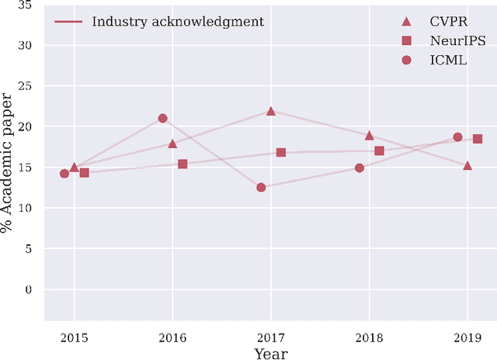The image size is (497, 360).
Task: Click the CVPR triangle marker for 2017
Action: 271,111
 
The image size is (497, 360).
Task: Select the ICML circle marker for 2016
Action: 162,119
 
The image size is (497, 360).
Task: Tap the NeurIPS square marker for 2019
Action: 478,139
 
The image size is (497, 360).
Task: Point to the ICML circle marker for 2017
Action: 261,188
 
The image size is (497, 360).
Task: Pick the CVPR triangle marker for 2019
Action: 467,165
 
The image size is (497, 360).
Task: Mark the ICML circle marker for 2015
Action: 64,174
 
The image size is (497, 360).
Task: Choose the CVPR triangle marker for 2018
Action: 369,135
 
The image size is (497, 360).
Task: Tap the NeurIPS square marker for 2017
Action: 281,153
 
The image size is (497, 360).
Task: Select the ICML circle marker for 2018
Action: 360,168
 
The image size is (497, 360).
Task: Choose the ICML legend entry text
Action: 448,60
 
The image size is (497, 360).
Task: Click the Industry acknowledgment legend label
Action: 178,21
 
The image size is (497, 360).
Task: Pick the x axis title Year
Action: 270,353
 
